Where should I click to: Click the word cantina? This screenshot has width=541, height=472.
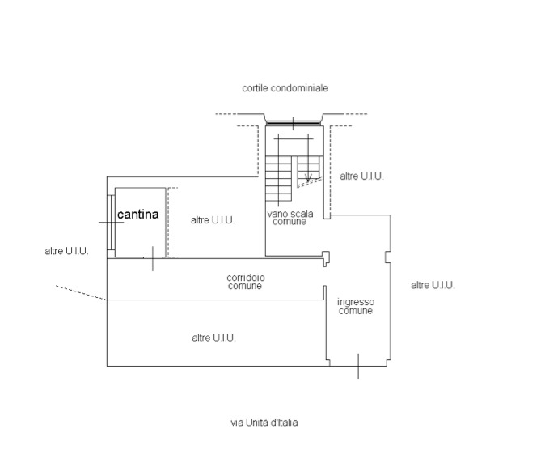[x=142, y=215]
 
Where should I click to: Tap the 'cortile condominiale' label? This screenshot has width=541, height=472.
[x=285, y=87]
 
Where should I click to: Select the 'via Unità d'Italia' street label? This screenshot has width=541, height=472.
[x=264, y=422]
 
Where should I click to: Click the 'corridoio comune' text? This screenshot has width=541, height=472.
[x=245, y=282]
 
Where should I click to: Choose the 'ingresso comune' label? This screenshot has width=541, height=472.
[x=356, y=306]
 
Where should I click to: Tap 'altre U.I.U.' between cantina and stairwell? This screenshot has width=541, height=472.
[x=213, y=220]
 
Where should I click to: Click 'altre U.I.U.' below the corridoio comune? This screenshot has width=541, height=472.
[x=213, y=338]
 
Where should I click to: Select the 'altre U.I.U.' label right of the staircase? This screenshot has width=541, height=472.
[x=361, y=176]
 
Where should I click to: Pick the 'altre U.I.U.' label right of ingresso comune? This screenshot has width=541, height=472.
[x=433, y=285]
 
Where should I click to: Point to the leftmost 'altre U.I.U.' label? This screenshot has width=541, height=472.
[x=66, y=251]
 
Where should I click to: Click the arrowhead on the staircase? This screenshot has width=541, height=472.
[x=307, y=176]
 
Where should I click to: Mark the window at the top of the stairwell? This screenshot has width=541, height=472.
[x=294, y=124]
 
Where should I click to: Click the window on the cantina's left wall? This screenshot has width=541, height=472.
[x=109, y=222]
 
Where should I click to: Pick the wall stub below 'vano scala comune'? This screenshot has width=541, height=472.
[x=326, y=258]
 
